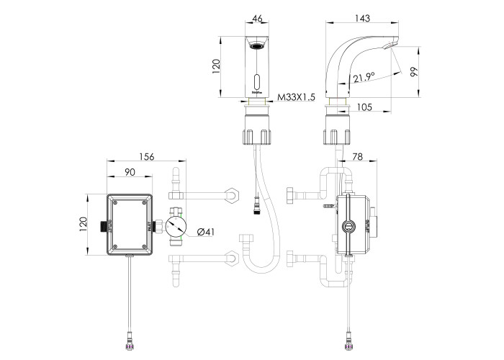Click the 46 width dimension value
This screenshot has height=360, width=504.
tap(258, 18)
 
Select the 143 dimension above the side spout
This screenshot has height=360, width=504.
tap(362, 18)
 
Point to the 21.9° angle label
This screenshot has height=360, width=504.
tap(364, 77)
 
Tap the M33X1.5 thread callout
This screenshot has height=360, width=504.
tap(297, 97)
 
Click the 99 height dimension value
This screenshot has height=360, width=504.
tap(415, 72)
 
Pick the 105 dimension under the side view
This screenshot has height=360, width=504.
tap(364, 107)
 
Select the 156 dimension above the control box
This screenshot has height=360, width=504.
tap(147, 156)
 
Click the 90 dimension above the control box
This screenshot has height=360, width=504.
tap(130, 172)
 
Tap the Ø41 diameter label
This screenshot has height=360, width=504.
tap(205, 232)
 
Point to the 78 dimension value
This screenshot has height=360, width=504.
tap(357, 156)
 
